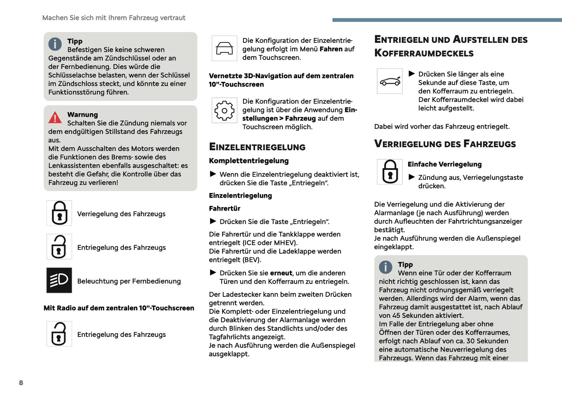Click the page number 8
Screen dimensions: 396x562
point(21,383)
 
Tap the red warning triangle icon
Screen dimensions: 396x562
point(55,117)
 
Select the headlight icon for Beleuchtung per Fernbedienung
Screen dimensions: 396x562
point(59,280)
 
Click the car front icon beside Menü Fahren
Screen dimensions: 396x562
point(224,48)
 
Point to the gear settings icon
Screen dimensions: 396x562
point(224,110)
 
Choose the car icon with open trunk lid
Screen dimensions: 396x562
point(390,81)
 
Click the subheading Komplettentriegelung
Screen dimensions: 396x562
point(249,161)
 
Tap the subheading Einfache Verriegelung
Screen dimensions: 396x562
point(444,164)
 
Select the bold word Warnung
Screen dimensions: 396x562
point(82,114)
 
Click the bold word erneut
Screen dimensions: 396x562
point(281,273)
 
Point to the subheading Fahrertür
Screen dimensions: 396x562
point(224,209)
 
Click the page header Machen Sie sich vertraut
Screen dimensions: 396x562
point(114,18)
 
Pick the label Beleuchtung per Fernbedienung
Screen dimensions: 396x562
point(129,281)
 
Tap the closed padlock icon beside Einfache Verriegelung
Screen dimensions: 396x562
point(390,172)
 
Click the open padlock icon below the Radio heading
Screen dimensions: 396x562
point(59,334)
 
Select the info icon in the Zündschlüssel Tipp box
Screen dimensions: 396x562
point(55,44)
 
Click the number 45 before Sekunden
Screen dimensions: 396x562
point(396,315)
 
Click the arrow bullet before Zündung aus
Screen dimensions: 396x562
point(411,177)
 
